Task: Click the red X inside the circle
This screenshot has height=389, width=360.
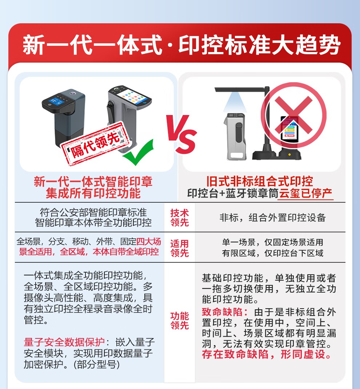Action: coord(293,115)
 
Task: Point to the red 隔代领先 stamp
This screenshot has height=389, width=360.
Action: coord(95,144)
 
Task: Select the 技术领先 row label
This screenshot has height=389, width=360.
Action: coord(180,218)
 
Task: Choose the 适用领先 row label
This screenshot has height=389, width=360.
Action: coord(180,248)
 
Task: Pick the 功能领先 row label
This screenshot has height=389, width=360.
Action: coord(180,321)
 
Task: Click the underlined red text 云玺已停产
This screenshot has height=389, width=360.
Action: coord(305,194)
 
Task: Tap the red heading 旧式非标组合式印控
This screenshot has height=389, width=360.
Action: coord(260,181)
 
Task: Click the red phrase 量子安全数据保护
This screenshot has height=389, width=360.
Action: coord(64,342)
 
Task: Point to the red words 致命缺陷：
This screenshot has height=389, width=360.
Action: coord(225,312)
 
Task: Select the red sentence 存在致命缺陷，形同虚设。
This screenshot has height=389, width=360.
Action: coord(267,354)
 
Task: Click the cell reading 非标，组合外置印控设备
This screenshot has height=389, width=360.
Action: coord(272,218)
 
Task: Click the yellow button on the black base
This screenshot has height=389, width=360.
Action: coord(289,154)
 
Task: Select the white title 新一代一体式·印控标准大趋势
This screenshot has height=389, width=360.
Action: coord(181,45)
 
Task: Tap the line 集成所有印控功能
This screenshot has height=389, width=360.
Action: coord(93,193)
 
